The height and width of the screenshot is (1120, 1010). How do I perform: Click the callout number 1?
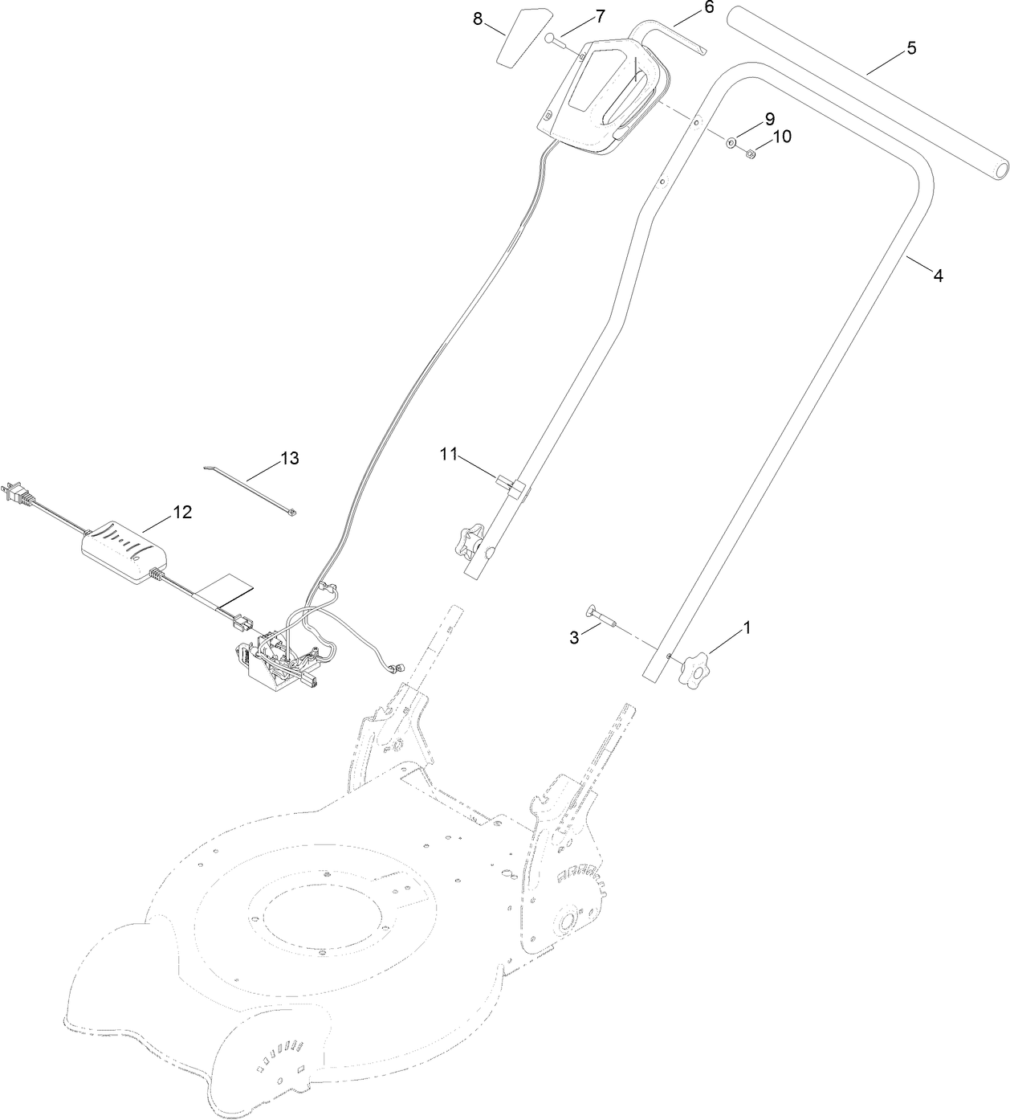click(x=747, y=628)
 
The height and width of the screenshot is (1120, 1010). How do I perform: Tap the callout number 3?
click(x=574, y=638)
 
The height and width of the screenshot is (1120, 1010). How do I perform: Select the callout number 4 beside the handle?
click(x=937, y=276)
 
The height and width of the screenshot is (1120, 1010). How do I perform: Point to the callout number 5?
click(x=911, y=47)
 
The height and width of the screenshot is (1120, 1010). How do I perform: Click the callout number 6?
click(x=708, y=7)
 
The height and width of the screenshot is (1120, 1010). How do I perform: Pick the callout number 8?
click(x=478, y=19)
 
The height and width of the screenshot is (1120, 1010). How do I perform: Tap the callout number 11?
click(x=448, y=455)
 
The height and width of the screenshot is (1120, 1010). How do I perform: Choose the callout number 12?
click(x=183, y=512)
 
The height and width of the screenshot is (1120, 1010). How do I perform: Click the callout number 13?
click(x=289, y=458)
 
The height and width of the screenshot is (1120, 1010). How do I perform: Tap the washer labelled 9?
click(x=732, y=143)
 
